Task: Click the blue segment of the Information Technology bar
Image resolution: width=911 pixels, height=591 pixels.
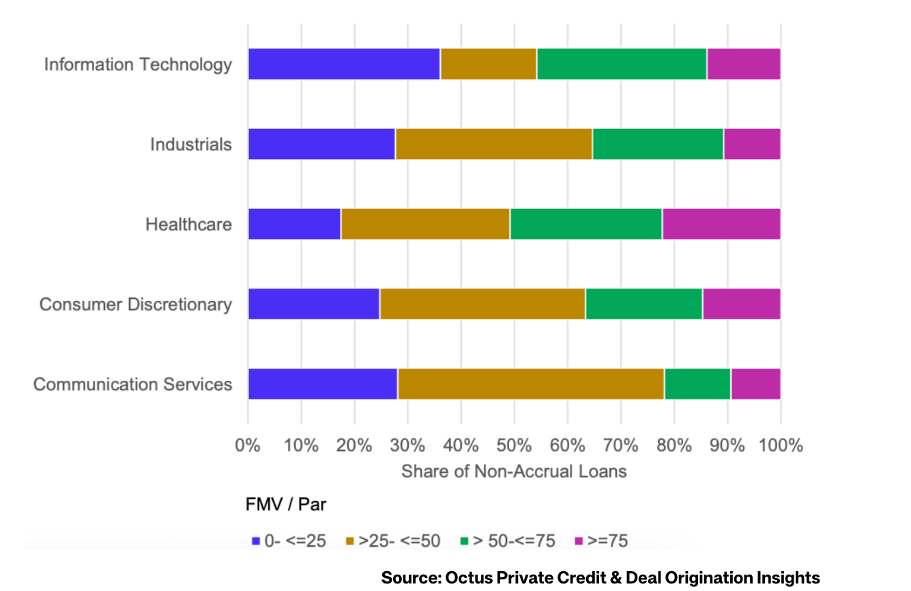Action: tap(344, 64)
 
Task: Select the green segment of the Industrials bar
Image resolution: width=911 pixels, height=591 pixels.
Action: tap(658, 144)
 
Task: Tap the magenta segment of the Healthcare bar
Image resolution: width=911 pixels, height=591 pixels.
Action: tap(721, 224)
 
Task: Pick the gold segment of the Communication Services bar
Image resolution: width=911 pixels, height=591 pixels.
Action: tap(531, 384)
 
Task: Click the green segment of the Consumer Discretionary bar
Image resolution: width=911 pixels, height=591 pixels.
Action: tap(644, 304)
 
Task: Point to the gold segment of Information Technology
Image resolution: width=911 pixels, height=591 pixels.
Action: tap(488, 64)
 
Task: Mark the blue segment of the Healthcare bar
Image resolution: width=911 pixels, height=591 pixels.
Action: tap(294, 224)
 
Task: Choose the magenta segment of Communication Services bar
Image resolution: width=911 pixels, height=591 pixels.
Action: tap(755, 384)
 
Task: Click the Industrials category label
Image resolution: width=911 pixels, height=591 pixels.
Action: tap(191, 145)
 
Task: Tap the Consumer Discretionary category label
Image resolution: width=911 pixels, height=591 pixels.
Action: tap(135, 304)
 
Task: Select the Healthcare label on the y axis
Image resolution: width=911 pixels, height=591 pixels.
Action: tap(188, 225)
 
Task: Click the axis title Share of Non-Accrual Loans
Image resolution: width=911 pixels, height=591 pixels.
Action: tap(513, 472)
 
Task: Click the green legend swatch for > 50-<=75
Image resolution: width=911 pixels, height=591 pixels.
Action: tap(463, 541)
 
